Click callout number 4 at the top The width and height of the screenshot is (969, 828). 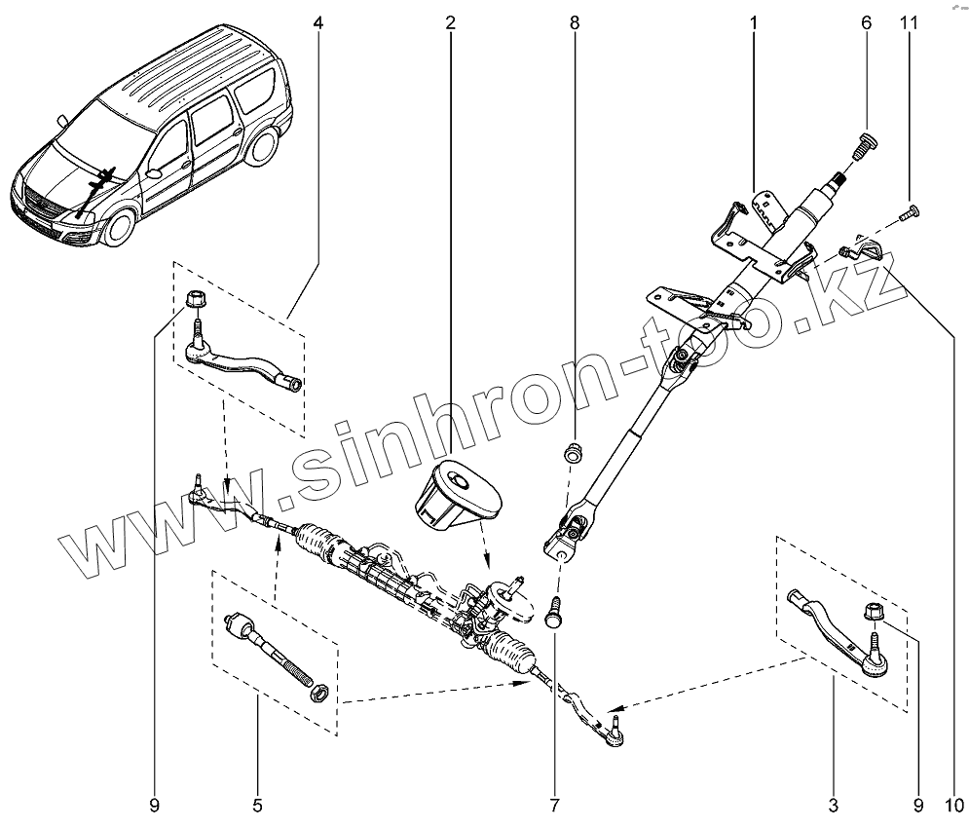click(319, 22)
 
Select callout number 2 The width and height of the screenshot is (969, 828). click(451, 22)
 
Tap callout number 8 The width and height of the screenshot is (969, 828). click(575, 22)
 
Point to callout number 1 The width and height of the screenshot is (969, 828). click(754, 22)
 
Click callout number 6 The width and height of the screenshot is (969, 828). click(865, 22)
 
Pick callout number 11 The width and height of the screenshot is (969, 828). click(912, 22)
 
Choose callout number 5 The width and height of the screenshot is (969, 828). click(257, 805)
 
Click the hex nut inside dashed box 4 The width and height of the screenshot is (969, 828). click(193, 299)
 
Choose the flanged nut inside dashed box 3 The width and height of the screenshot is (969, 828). click(873, 614)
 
